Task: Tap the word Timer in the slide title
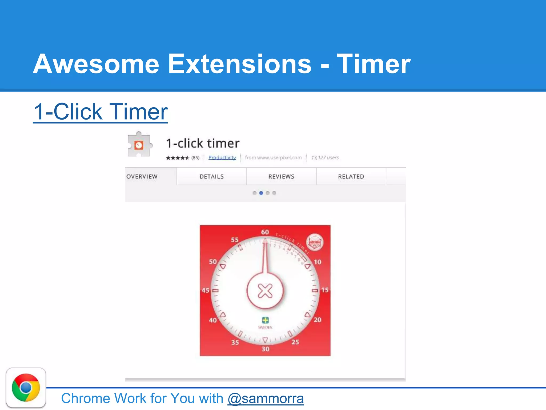pyautogui.click(x=373, y=64)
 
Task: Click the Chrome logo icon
pyautogui.click(x=26, y=388)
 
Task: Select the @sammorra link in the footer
pyautogui.click(x=266, y=399)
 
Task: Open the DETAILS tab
pyautogui.click(x=212, y=176)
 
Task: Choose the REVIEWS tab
pyautogui.click(x=281, y=176)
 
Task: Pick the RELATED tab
pyautogui.click(x=351, y=176)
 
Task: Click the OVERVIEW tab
pyautogui.click(x=142, y=176)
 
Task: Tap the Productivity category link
pyautogui.click(x=222, y=157)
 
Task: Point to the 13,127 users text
pyautogui.click(x=325, y=157)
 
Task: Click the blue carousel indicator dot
pyautogui.click(x=261, y=193)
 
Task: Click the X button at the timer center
pyautogui.click(x=265, y=291)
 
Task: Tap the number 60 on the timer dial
pyautogui.click(x=265, y=232)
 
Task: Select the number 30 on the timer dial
pyautogui.click(x=265, y=349)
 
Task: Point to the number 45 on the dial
pyautogui.click(x=206, y=290)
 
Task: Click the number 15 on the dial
pyautogui.click(x=325, y=290)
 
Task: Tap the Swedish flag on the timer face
pyautogui.click(x=265, y=320)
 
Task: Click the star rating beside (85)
pyautogui.click(x=177, y=158)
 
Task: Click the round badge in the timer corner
pyautogui.click(x=315, y=242)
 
